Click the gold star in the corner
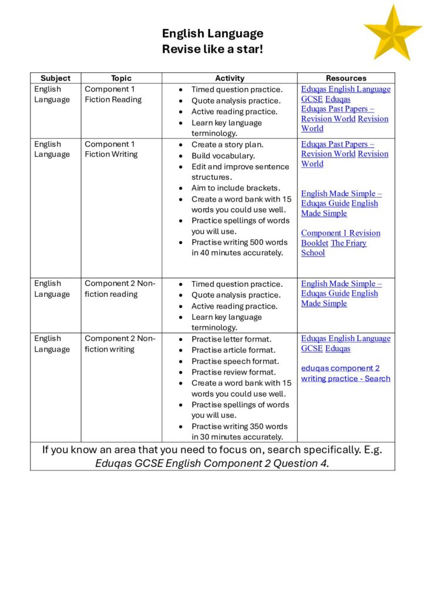(393, 32)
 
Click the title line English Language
(212, 34)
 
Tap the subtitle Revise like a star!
(212, 49)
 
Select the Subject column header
(55, 78)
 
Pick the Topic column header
(122, 78)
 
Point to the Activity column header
(230, 78)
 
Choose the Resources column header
(346, 78)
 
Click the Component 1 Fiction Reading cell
(113, 95)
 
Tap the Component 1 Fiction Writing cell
(111, 149)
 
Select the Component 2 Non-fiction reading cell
(120, 289)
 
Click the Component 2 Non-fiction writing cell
(120, 344)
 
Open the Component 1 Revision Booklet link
(340, 233)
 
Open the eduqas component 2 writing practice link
(345, 373)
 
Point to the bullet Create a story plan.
(227, 145)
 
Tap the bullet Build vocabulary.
(223, 156)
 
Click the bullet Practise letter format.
(231, 339)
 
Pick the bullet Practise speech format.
(235, 361)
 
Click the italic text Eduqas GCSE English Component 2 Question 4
(212, 463)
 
